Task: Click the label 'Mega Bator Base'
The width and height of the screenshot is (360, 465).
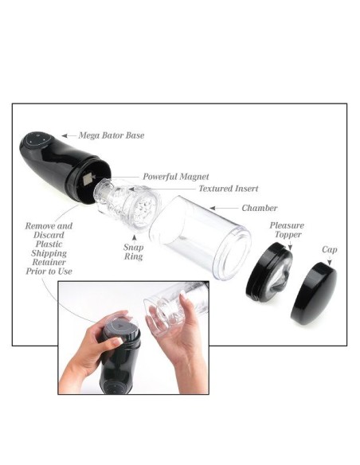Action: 112,135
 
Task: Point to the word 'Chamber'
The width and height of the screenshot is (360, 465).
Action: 260,208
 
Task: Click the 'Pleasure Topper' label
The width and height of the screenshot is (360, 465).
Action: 286,231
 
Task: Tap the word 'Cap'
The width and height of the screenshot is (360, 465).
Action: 329,249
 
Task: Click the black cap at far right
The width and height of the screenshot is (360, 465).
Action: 314,294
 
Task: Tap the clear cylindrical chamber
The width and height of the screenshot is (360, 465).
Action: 189,236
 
